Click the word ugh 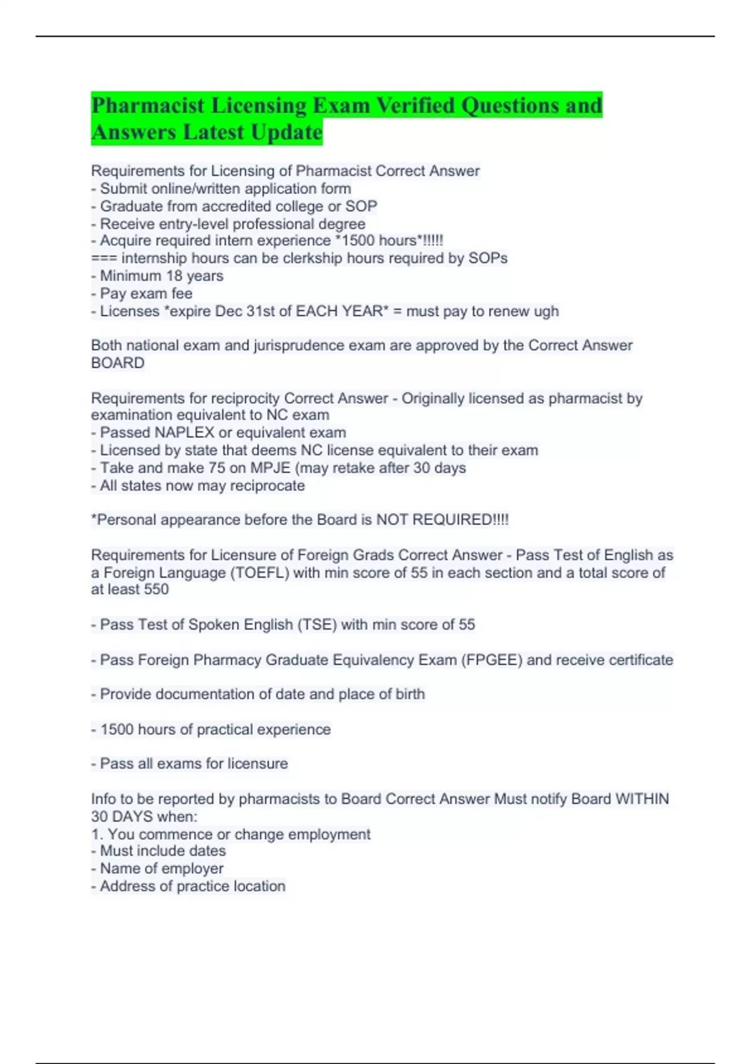546,311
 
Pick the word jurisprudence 297,345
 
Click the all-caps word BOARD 118,363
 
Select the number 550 156,590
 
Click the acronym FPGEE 491,660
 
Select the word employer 194,869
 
